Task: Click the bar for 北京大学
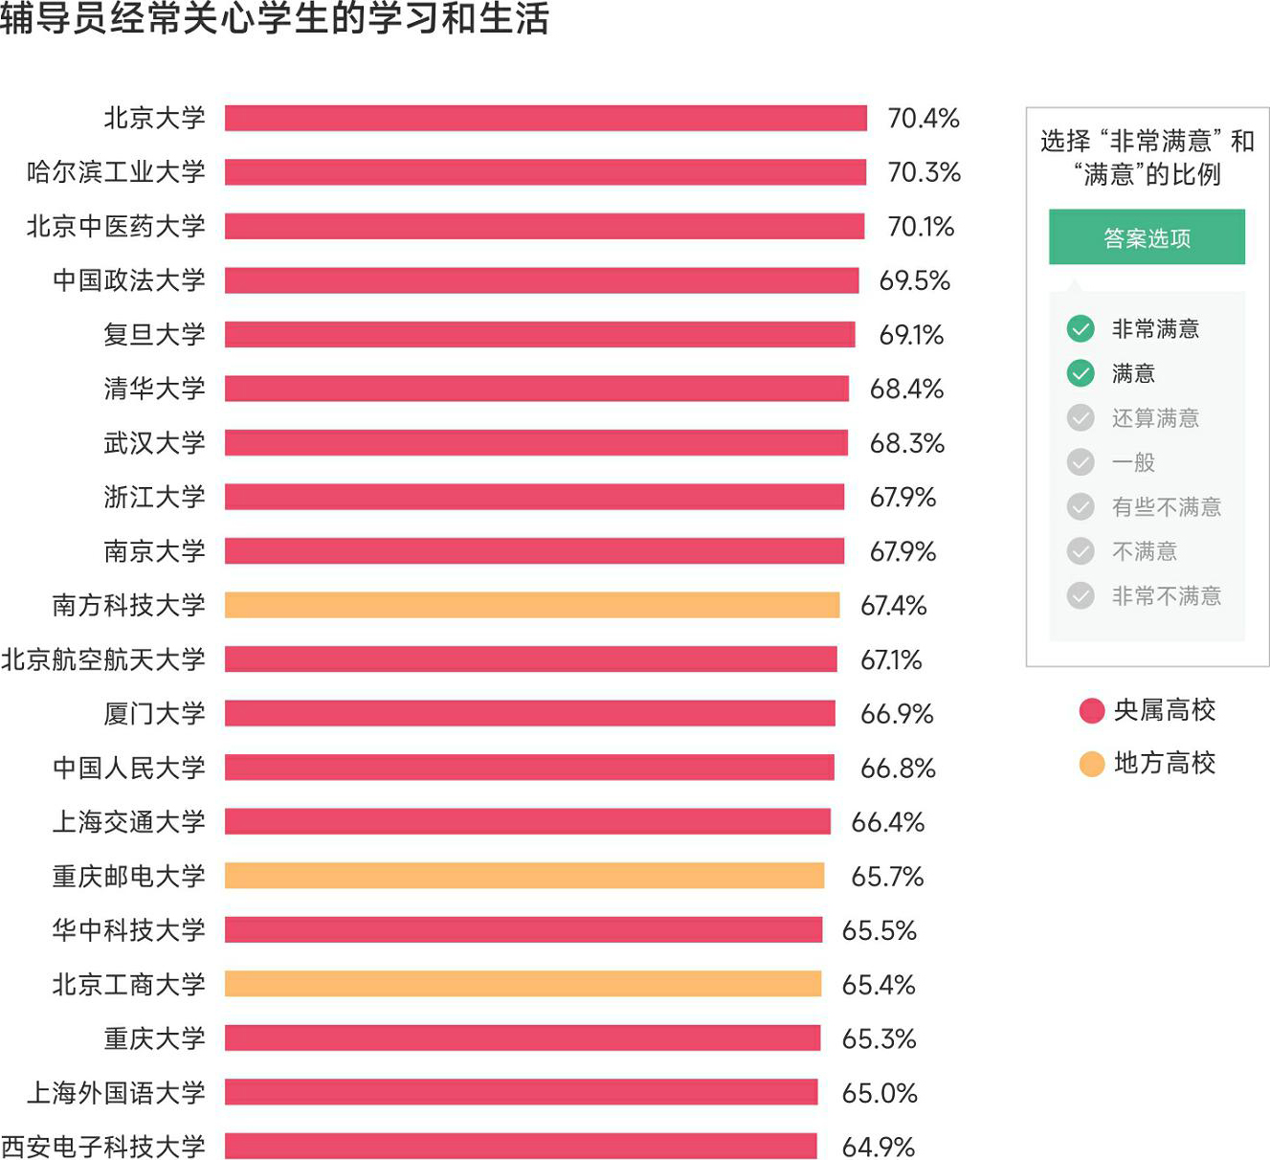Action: [546, 118]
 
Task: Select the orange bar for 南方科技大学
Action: [532, 605]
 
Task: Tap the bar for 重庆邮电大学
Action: [524, 876]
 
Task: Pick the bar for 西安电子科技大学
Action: [521, 1146]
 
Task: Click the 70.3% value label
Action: [924, 172]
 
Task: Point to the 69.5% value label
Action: [914, 280]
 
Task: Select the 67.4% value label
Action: [893, 605]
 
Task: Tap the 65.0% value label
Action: [879, 1092]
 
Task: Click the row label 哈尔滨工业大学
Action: [116, 172]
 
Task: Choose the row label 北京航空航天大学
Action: [103, 659]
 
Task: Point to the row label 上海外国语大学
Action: [116, 1092]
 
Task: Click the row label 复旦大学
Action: [154, 334]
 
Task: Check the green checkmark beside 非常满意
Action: [1081, 328]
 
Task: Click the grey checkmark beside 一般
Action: [1081, 462]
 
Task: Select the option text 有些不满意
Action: [1166, 506]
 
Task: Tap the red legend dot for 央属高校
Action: [1092, 710]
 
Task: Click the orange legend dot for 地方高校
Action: [1092, 764]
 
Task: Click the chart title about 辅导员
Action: [275, 19]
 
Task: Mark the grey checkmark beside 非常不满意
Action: [1081, 595]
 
